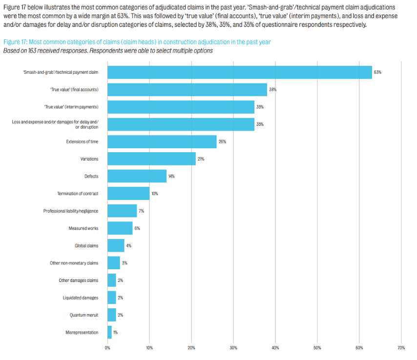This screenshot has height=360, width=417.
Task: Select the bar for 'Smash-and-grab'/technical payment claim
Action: [x=239, y=72]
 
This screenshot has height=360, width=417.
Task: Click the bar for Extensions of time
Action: [x=162, y=141]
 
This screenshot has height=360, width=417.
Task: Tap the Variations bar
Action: [x=151, y=159]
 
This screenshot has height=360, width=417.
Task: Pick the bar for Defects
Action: [x=137, y=176]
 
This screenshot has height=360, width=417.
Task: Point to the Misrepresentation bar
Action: [x=109, y=332]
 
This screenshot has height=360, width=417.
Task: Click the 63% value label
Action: [x=377, y=72]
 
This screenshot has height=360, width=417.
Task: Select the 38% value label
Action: [x=272, y=90]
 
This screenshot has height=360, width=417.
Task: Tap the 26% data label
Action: [x=222, y=141]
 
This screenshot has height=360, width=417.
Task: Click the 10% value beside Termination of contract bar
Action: [x=155, y=194]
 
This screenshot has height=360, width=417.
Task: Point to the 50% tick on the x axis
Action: [x=317, y=347]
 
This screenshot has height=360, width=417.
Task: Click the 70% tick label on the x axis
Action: [x=401, y=347]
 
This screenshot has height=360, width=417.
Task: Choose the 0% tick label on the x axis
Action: [x=107, y=347]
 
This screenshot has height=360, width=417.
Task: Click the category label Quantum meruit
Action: [x=84, y=315]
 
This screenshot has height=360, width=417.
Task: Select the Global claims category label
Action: [x=86, y=245]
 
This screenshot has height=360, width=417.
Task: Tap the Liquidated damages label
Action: [x=81, y=298]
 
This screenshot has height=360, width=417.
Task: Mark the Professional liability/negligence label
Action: [x=71, y=211]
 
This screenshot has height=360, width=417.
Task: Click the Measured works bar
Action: [x=120, y=228]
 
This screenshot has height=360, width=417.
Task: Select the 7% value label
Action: [x=142, y=211]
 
